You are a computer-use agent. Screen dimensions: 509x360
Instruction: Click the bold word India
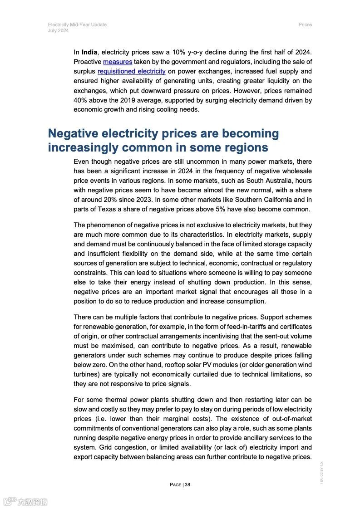coord(90,52)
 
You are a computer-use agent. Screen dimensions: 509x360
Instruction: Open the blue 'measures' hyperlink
coord(118,62)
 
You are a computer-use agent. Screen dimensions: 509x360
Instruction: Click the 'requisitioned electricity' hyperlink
coord(131,71)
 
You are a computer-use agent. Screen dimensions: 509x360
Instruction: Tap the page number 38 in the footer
coord(187,485)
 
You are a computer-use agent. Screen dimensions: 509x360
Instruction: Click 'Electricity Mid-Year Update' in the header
coord(77,24)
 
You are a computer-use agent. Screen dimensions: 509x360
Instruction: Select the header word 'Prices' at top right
coord(305,24)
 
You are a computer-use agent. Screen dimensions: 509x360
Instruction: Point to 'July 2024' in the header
coord(58,30)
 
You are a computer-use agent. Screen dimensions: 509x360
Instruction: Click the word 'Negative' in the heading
coord(73,133)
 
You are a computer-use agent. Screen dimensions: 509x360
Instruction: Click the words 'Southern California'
coord(255,200)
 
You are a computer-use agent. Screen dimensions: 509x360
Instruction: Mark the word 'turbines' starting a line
coord(85,374)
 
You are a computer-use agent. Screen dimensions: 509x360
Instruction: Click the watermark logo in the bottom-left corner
coord(25,502)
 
